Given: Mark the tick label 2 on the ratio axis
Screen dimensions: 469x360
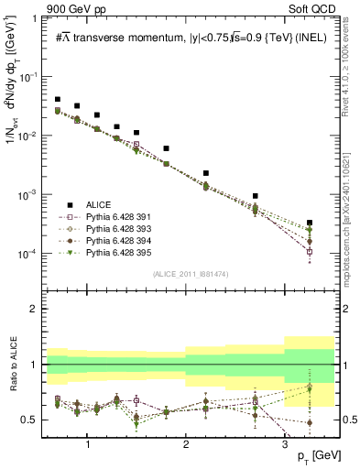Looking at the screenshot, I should [x=38, y=309].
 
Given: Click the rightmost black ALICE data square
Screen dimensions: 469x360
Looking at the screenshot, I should [x=310, y=223].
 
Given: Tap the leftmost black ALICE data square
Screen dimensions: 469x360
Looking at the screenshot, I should [x=58, y=99].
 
